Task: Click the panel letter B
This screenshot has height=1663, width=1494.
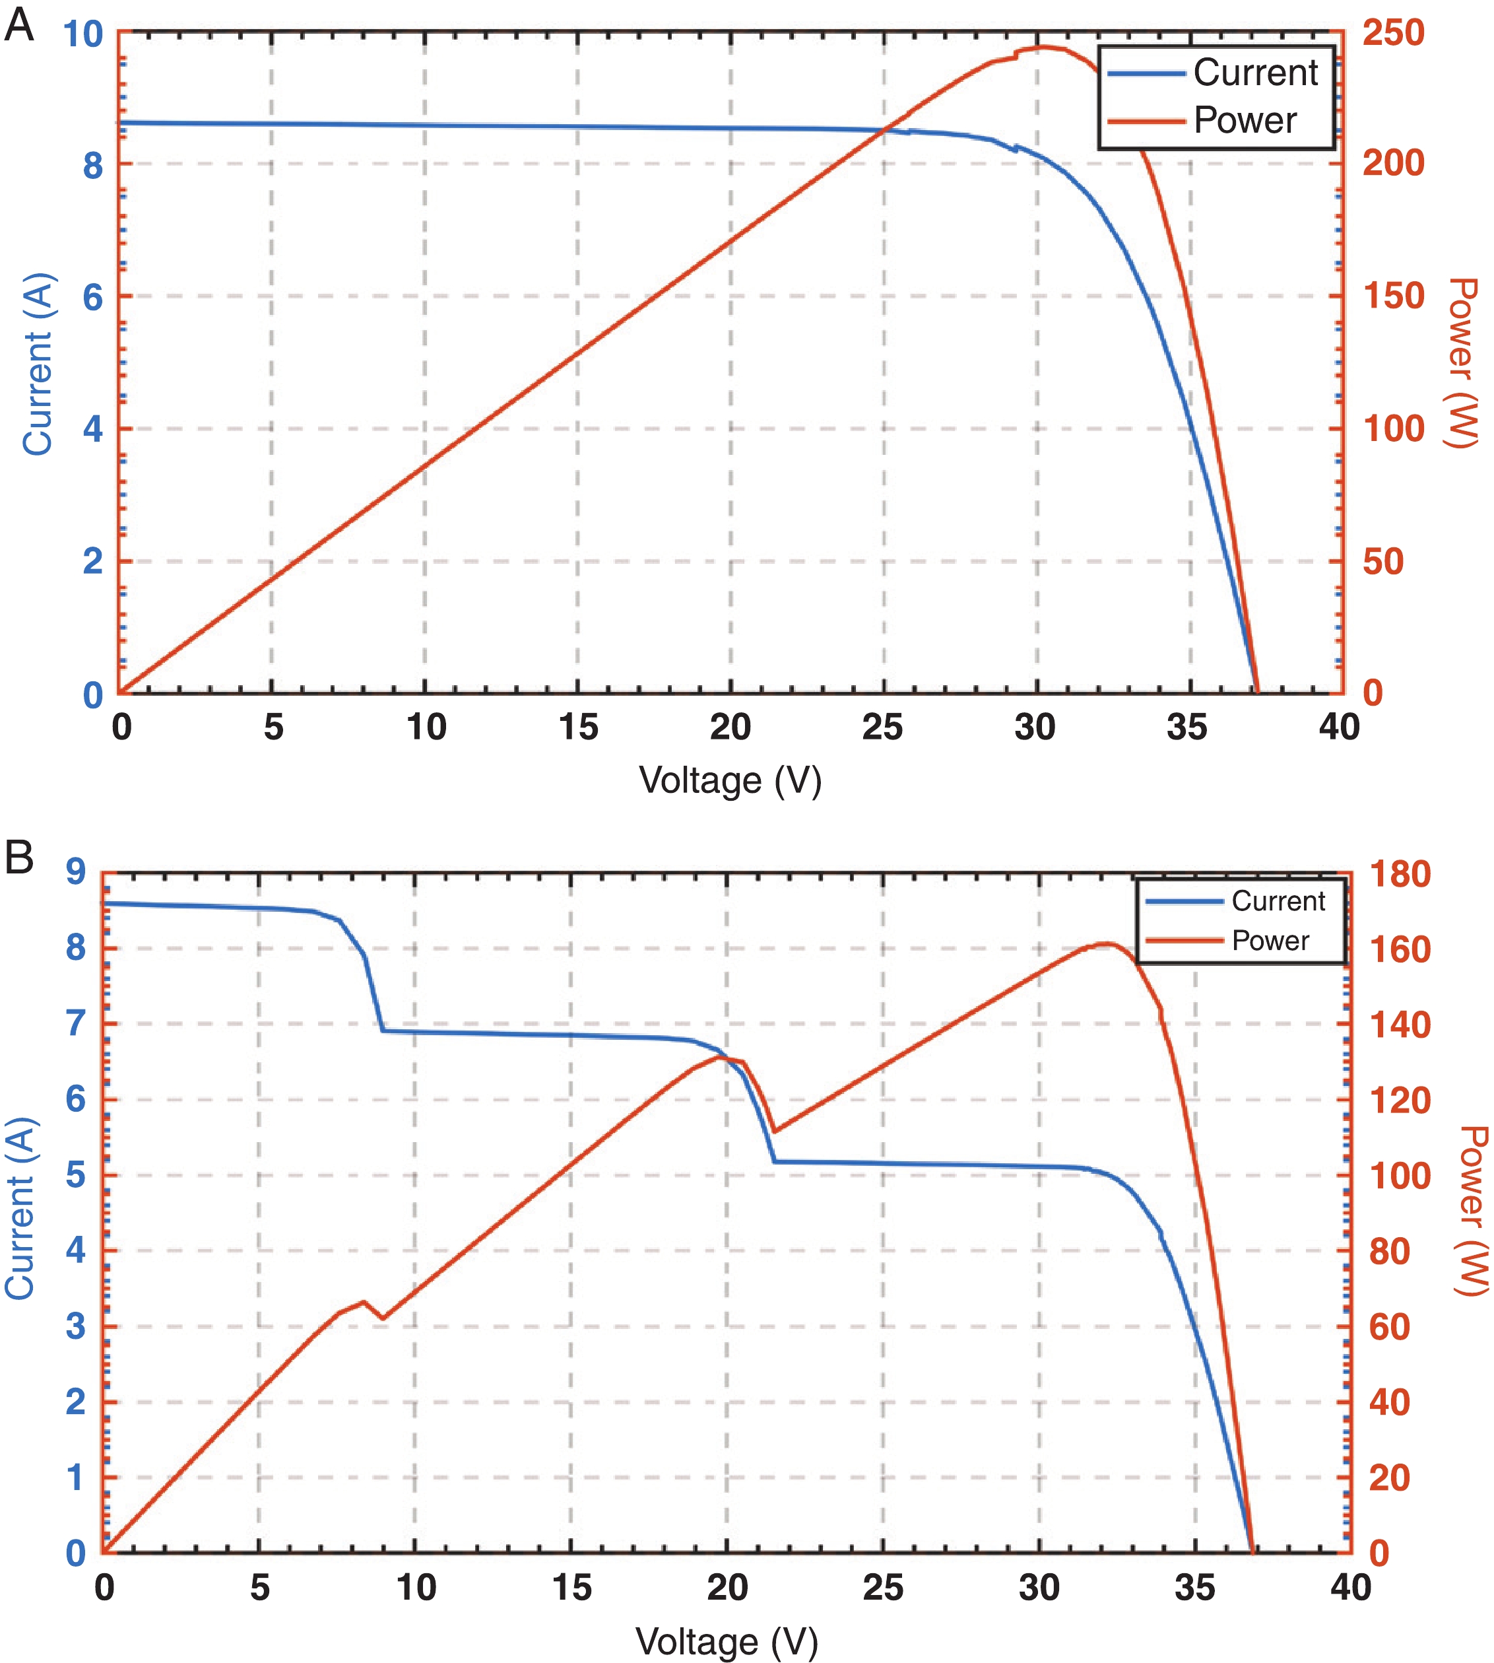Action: [19, 858]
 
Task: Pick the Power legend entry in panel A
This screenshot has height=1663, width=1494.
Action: [1245, 120]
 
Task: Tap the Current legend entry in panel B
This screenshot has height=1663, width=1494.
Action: [1278, 901]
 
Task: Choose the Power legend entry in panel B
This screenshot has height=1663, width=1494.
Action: [1270, 940]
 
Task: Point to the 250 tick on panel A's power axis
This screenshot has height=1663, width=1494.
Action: [1393, 33]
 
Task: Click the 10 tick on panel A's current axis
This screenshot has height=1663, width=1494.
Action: [83, 34]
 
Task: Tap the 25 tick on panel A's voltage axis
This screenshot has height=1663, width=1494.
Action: [882, 728]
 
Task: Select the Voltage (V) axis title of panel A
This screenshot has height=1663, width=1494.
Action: [730, 780]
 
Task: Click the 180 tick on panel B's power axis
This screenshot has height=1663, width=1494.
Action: [1400, 874]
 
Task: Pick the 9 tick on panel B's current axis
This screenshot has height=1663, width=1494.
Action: [75, 872]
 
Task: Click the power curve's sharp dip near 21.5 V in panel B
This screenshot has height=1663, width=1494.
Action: [774, 1132]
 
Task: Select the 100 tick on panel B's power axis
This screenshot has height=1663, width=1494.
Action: [1400, 1176]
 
